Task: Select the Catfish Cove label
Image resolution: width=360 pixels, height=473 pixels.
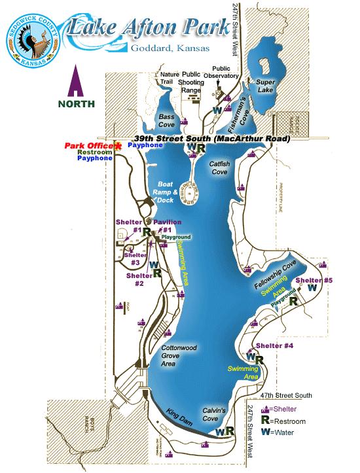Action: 218,168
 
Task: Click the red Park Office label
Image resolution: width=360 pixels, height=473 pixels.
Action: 89,145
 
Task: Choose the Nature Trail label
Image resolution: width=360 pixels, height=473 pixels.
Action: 170,79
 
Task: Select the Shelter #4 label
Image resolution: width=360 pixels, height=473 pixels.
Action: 274,345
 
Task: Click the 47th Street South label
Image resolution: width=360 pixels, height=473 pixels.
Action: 286,395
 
